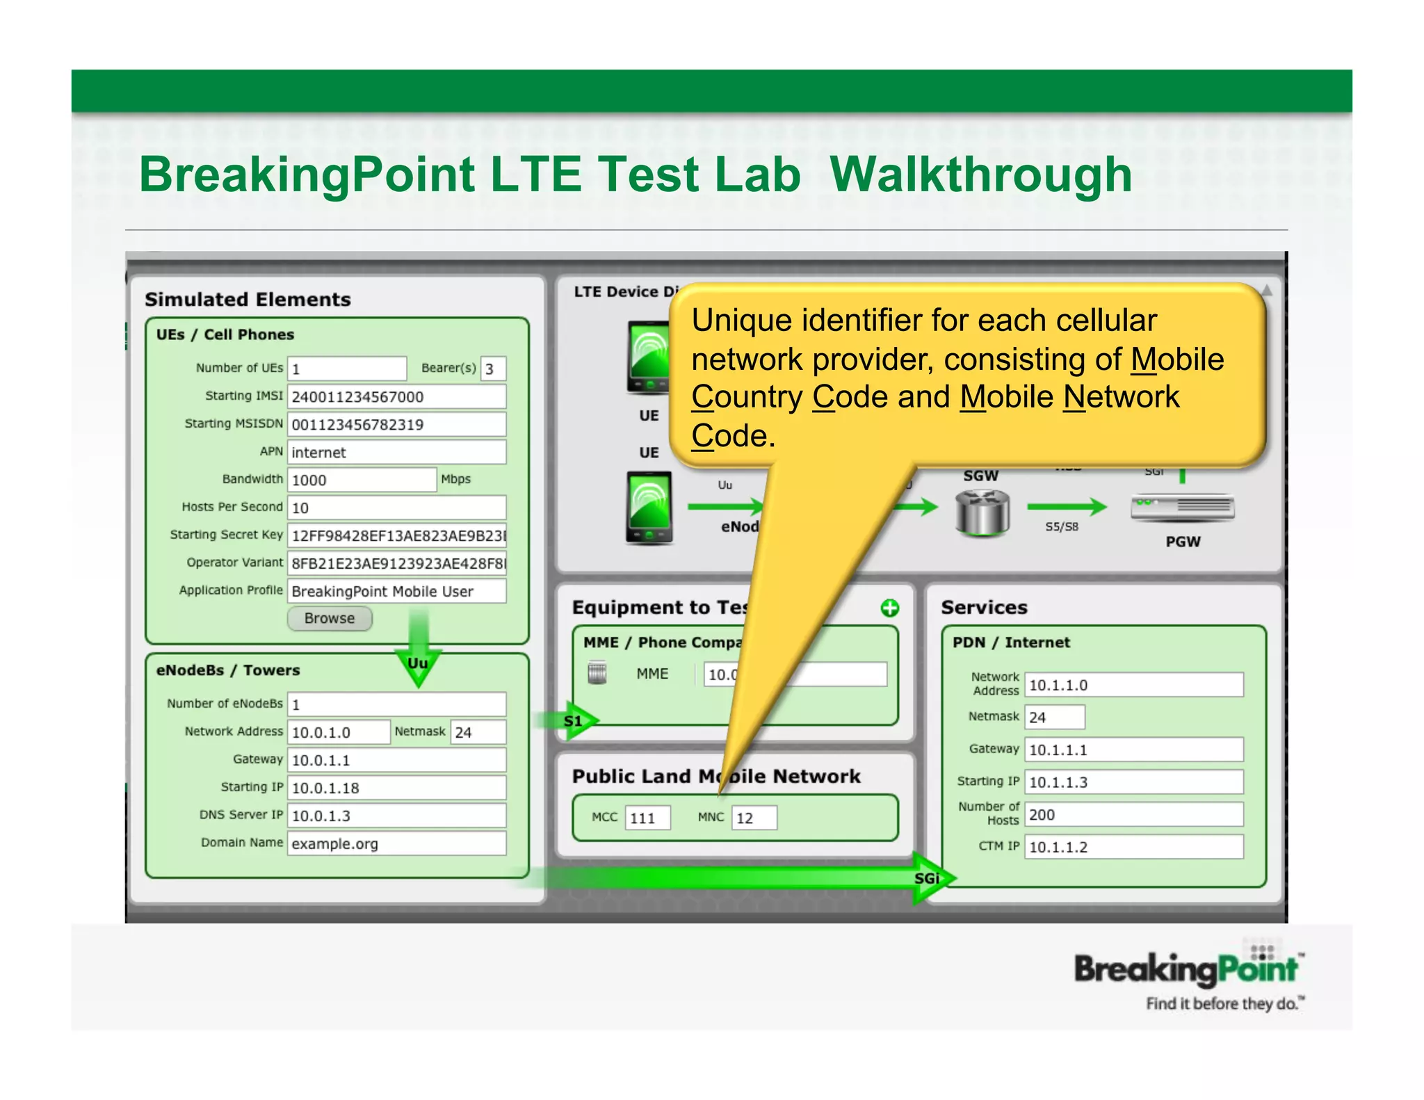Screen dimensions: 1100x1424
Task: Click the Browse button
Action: click(330, 618)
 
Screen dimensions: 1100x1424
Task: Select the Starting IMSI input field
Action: click(396, 396)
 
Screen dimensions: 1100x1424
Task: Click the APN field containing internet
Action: click(396, 452)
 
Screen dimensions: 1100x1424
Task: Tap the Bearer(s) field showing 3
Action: click(493, 369)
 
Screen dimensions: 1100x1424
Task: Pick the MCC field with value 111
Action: click(647, 818)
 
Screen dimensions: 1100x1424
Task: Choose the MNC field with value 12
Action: click(754, 818)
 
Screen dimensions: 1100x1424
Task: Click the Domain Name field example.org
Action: click(396, 843)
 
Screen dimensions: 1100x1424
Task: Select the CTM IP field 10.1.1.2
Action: click(1133, 847)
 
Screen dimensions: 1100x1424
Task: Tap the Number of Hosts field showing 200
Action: click(1133, 814)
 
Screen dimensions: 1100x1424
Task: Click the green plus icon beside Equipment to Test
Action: click(889, 608)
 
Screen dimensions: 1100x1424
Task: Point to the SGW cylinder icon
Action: click(982, 512)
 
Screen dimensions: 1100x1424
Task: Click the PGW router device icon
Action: click(1182, 508)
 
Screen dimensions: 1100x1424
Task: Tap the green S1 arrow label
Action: click(574, 721)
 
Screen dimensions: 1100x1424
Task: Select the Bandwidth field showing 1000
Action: click(362, 480)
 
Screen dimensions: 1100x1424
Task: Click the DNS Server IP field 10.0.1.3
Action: click(396, 816)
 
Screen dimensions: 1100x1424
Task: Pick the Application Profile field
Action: click(396, 591)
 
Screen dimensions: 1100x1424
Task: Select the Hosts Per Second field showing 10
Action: click(396, 508)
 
